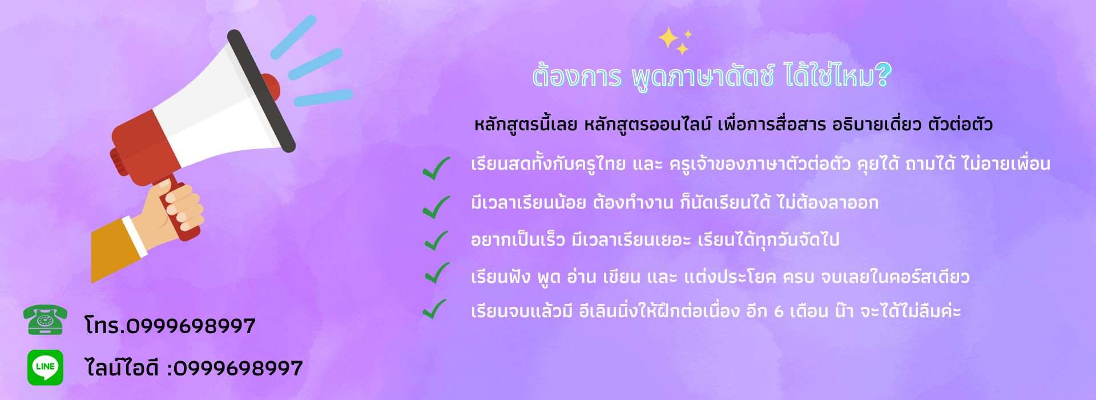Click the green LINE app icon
(x=45, y=367)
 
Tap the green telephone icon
(x=45, y=320)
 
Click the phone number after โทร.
(x=191, y=326)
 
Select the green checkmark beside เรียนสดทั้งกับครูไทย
(x=436, y=168)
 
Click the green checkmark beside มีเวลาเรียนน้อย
(x=436, y=206)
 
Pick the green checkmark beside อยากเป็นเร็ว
(x=436, y=240)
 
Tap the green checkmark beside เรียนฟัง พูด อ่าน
(x=436, y=274)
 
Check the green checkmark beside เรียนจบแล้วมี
(x=435, y=309)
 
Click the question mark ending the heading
(x=883, y=76)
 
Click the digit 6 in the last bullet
(x=779, y=312)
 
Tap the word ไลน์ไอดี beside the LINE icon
(x=122, y=367)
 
